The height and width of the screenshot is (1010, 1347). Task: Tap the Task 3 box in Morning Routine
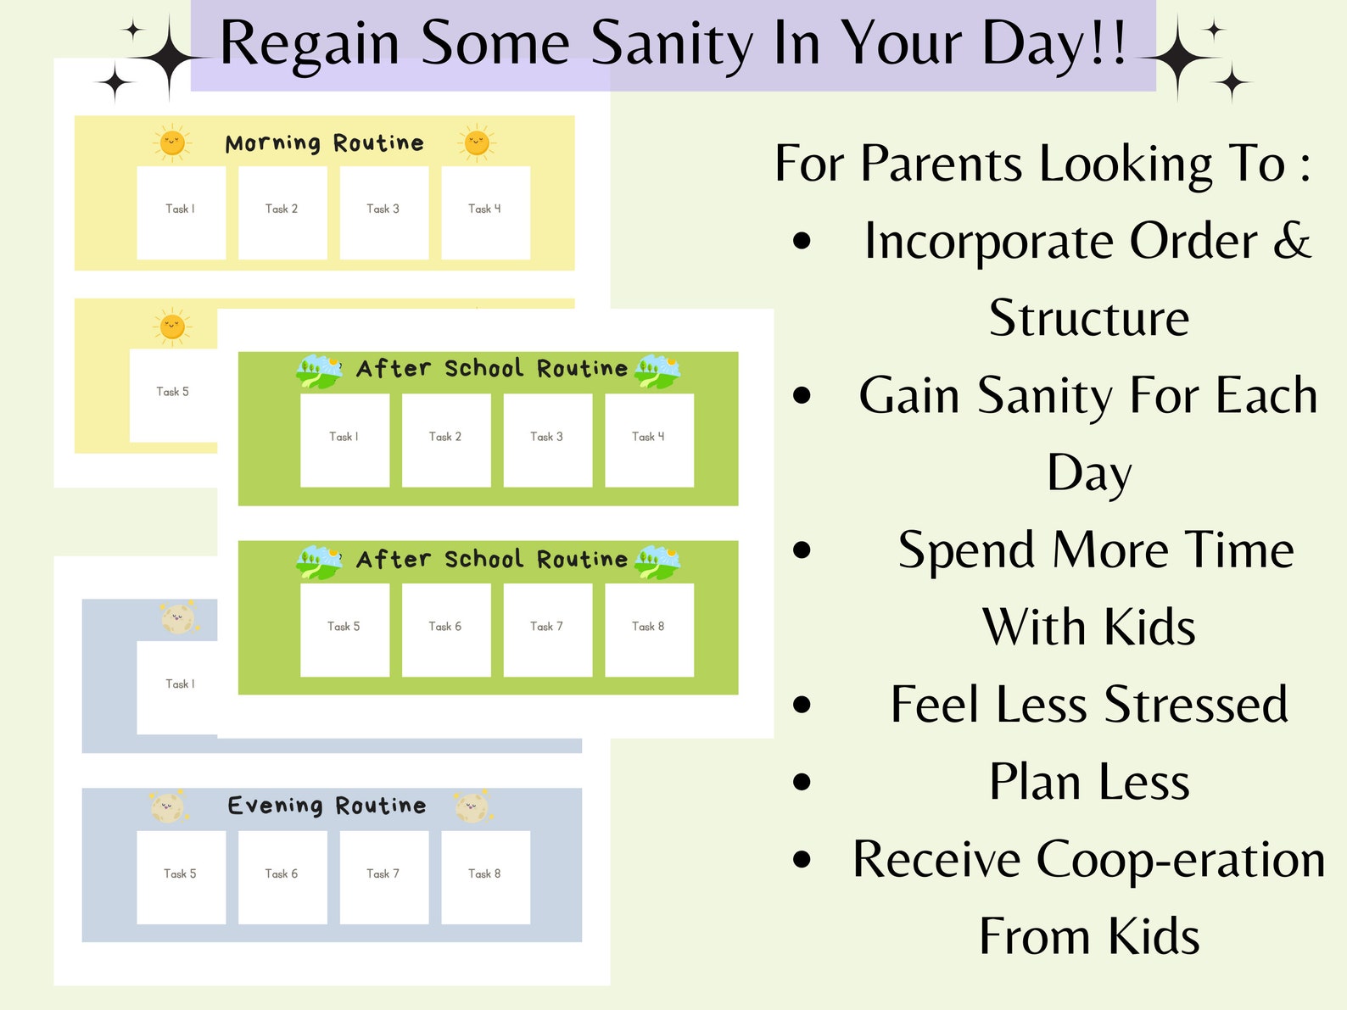[383, 212]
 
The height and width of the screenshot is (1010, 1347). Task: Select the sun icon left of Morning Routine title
[172, 142]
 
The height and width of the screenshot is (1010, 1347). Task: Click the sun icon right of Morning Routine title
[477, 142]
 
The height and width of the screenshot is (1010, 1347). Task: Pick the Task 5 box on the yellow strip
[173, 395]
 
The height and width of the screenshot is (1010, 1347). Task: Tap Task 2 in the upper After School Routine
[446, 439]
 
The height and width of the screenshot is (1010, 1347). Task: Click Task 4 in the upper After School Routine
[649, 439]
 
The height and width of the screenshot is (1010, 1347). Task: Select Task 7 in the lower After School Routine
[547, 629]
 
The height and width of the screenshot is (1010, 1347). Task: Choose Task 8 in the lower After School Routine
[649, 629]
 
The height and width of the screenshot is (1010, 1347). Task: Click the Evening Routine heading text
[327, 806]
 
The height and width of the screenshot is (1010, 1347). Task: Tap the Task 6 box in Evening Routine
[282, 877]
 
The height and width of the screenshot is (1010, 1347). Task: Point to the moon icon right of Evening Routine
[471, 807]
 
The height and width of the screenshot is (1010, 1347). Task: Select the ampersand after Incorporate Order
[1292, 241]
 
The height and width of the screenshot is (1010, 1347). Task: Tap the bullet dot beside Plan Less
[802, 781]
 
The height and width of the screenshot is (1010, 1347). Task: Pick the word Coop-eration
[1181, 859]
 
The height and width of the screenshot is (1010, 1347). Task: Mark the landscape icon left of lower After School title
[319, 561]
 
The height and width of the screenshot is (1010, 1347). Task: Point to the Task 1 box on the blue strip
[177, 687]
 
